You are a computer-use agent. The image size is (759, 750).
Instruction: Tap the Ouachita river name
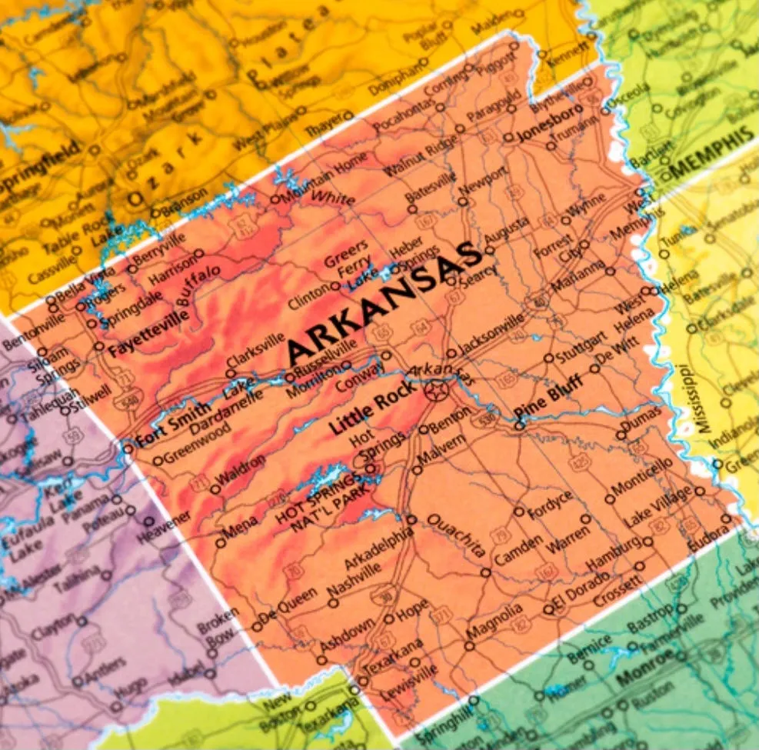click(x=456, y=534)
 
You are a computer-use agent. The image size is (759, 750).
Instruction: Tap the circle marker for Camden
click(x=485, y=572)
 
